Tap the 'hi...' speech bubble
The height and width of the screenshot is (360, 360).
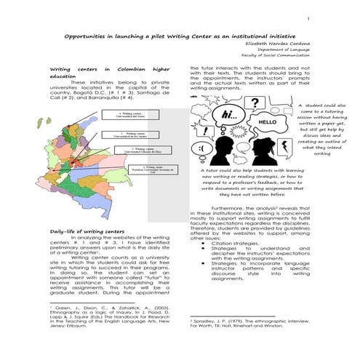click(x=231, y=115)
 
